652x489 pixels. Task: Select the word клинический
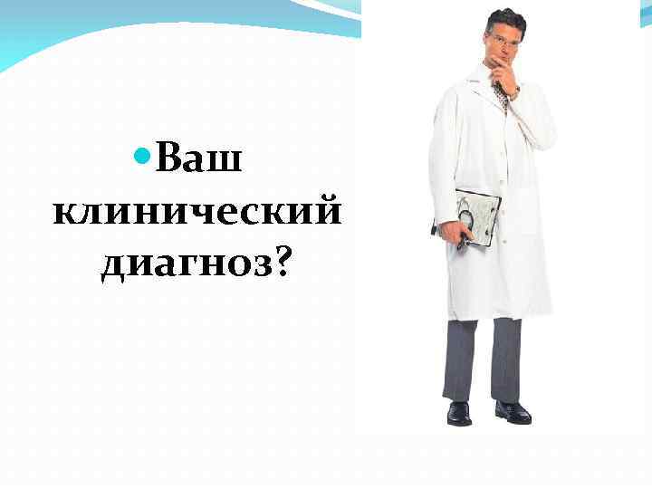pos(197,212)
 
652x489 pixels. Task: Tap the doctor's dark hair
pos(505,18)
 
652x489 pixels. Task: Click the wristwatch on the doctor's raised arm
pos(513,92)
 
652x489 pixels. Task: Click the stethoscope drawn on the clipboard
pos(473,217)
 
